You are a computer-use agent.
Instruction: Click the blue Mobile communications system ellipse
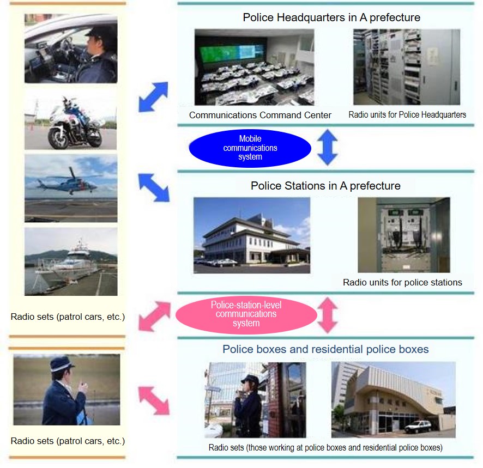pos(250,148)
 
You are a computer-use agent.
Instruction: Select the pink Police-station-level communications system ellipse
pos(246,315)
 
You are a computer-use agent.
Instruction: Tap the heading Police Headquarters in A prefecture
pos(331,17)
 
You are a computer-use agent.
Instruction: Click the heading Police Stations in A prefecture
pos(325,186)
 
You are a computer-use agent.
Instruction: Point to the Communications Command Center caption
pos(260,115)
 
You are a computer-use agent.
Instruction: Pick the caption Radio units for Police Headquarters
pos(407,115)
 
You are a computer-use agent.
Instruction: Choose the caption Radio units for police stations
pos(402,282)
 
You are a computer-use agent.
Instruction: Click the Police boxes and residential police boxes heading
pos(325,349)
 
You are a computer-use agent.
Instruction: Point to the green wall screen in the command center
pos(232,52)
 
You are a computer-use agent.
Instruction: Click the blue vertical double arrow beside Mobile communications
pos(328,147)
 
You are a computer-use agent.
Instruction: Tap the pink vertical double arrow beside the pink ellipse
pos(328,315)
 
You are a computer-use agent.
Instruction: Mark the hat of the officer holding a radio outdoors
pos(62,363)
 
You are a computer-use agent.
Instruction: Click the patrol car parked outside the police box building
pos(418,427)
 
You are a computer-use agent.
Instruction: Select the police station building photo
pos(252,235)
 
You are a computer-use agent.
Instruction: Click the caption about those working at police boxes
pos(325,447)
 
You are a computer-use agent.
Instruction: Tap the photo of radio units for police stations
pos(404,235)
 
